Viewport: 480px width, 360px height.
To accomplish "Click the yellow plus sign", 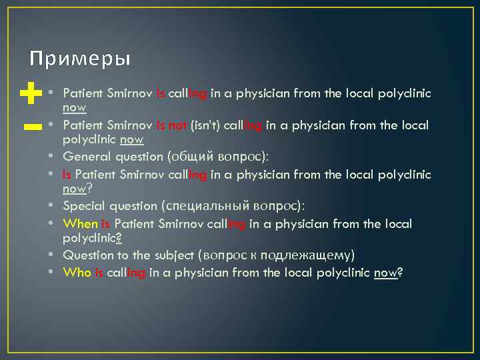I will (x=28, y=94).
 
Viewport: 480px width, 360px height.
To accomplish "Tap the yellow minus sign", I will (x=28, y=126).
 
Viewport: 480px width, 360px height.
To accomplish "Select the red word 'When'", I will (x=80, y=223).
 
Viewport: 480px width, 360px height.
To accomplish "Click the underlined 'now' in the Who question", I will (x=385, y=272).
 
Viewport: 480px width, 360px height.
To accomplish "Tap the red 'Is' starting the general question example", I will (x=67, y=175).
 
